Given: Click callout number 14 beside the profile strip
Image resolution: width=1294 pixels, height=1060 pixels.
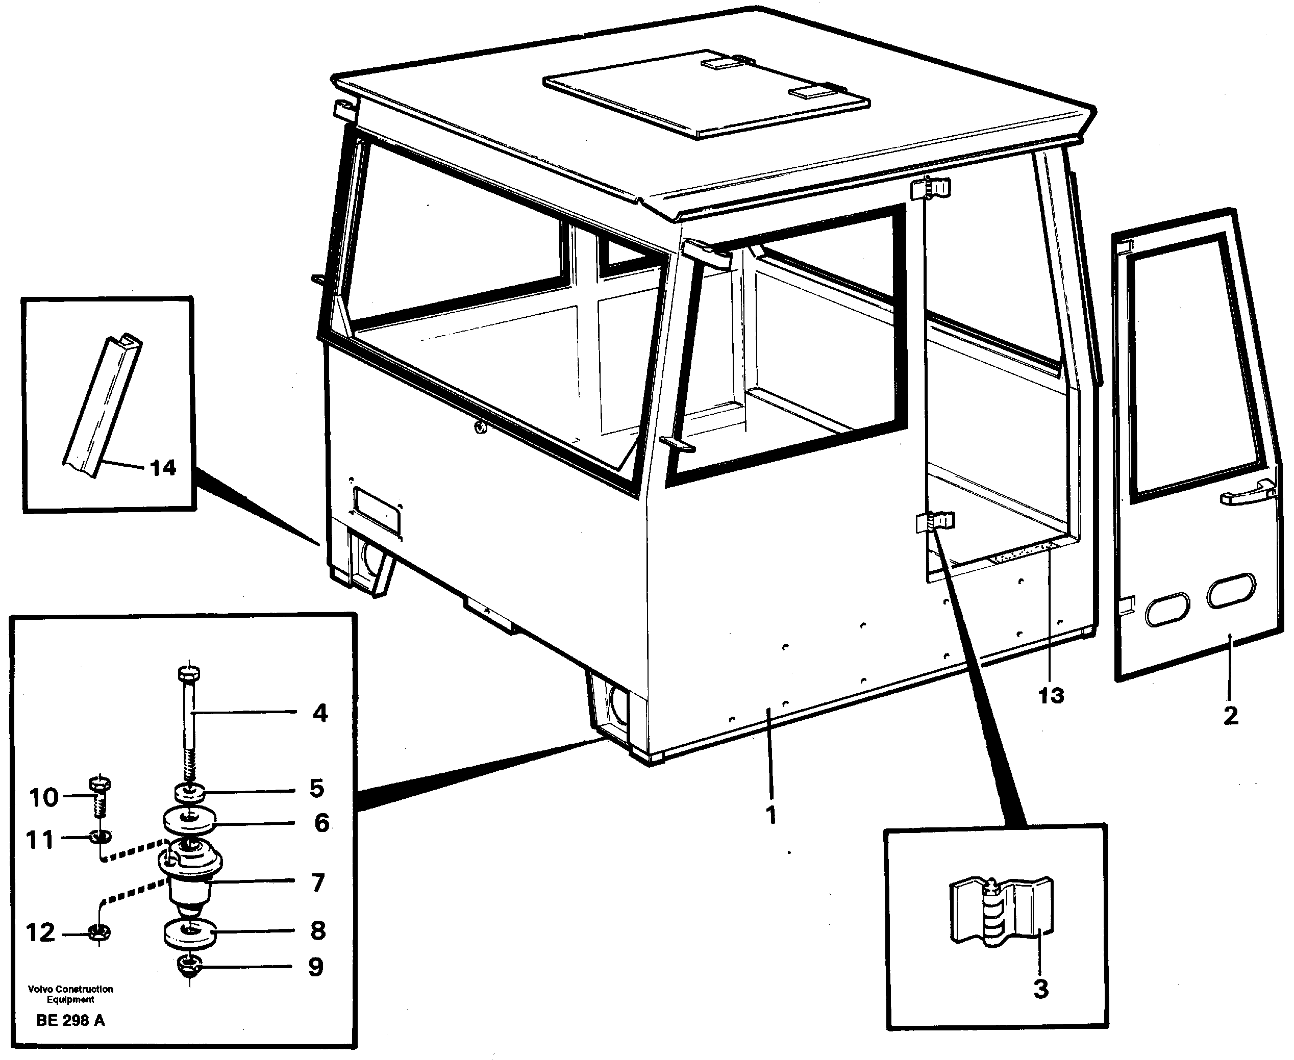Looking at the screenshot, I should pos(162,468).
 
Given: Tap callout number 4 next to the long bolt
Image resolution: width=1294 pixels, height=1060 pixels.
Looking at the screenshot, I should pos(320,713).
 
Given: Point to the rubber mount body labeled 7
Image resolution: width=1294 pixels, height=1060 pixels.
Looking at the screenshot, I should pos(189,879).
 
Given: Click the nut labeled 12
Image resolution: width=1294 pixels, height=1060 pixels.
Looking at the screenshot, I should pos(99,932).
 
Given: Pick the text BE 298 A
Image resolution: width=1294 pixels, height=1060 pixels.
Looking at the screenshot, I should pos(70,1020).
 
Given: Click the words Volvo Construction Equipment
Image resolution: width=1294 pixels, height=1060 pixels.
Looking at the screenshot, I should pos(70,994).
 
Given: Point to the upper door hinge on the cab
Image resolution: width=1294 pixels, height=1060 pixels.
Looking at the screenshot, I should pos(931,189).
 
